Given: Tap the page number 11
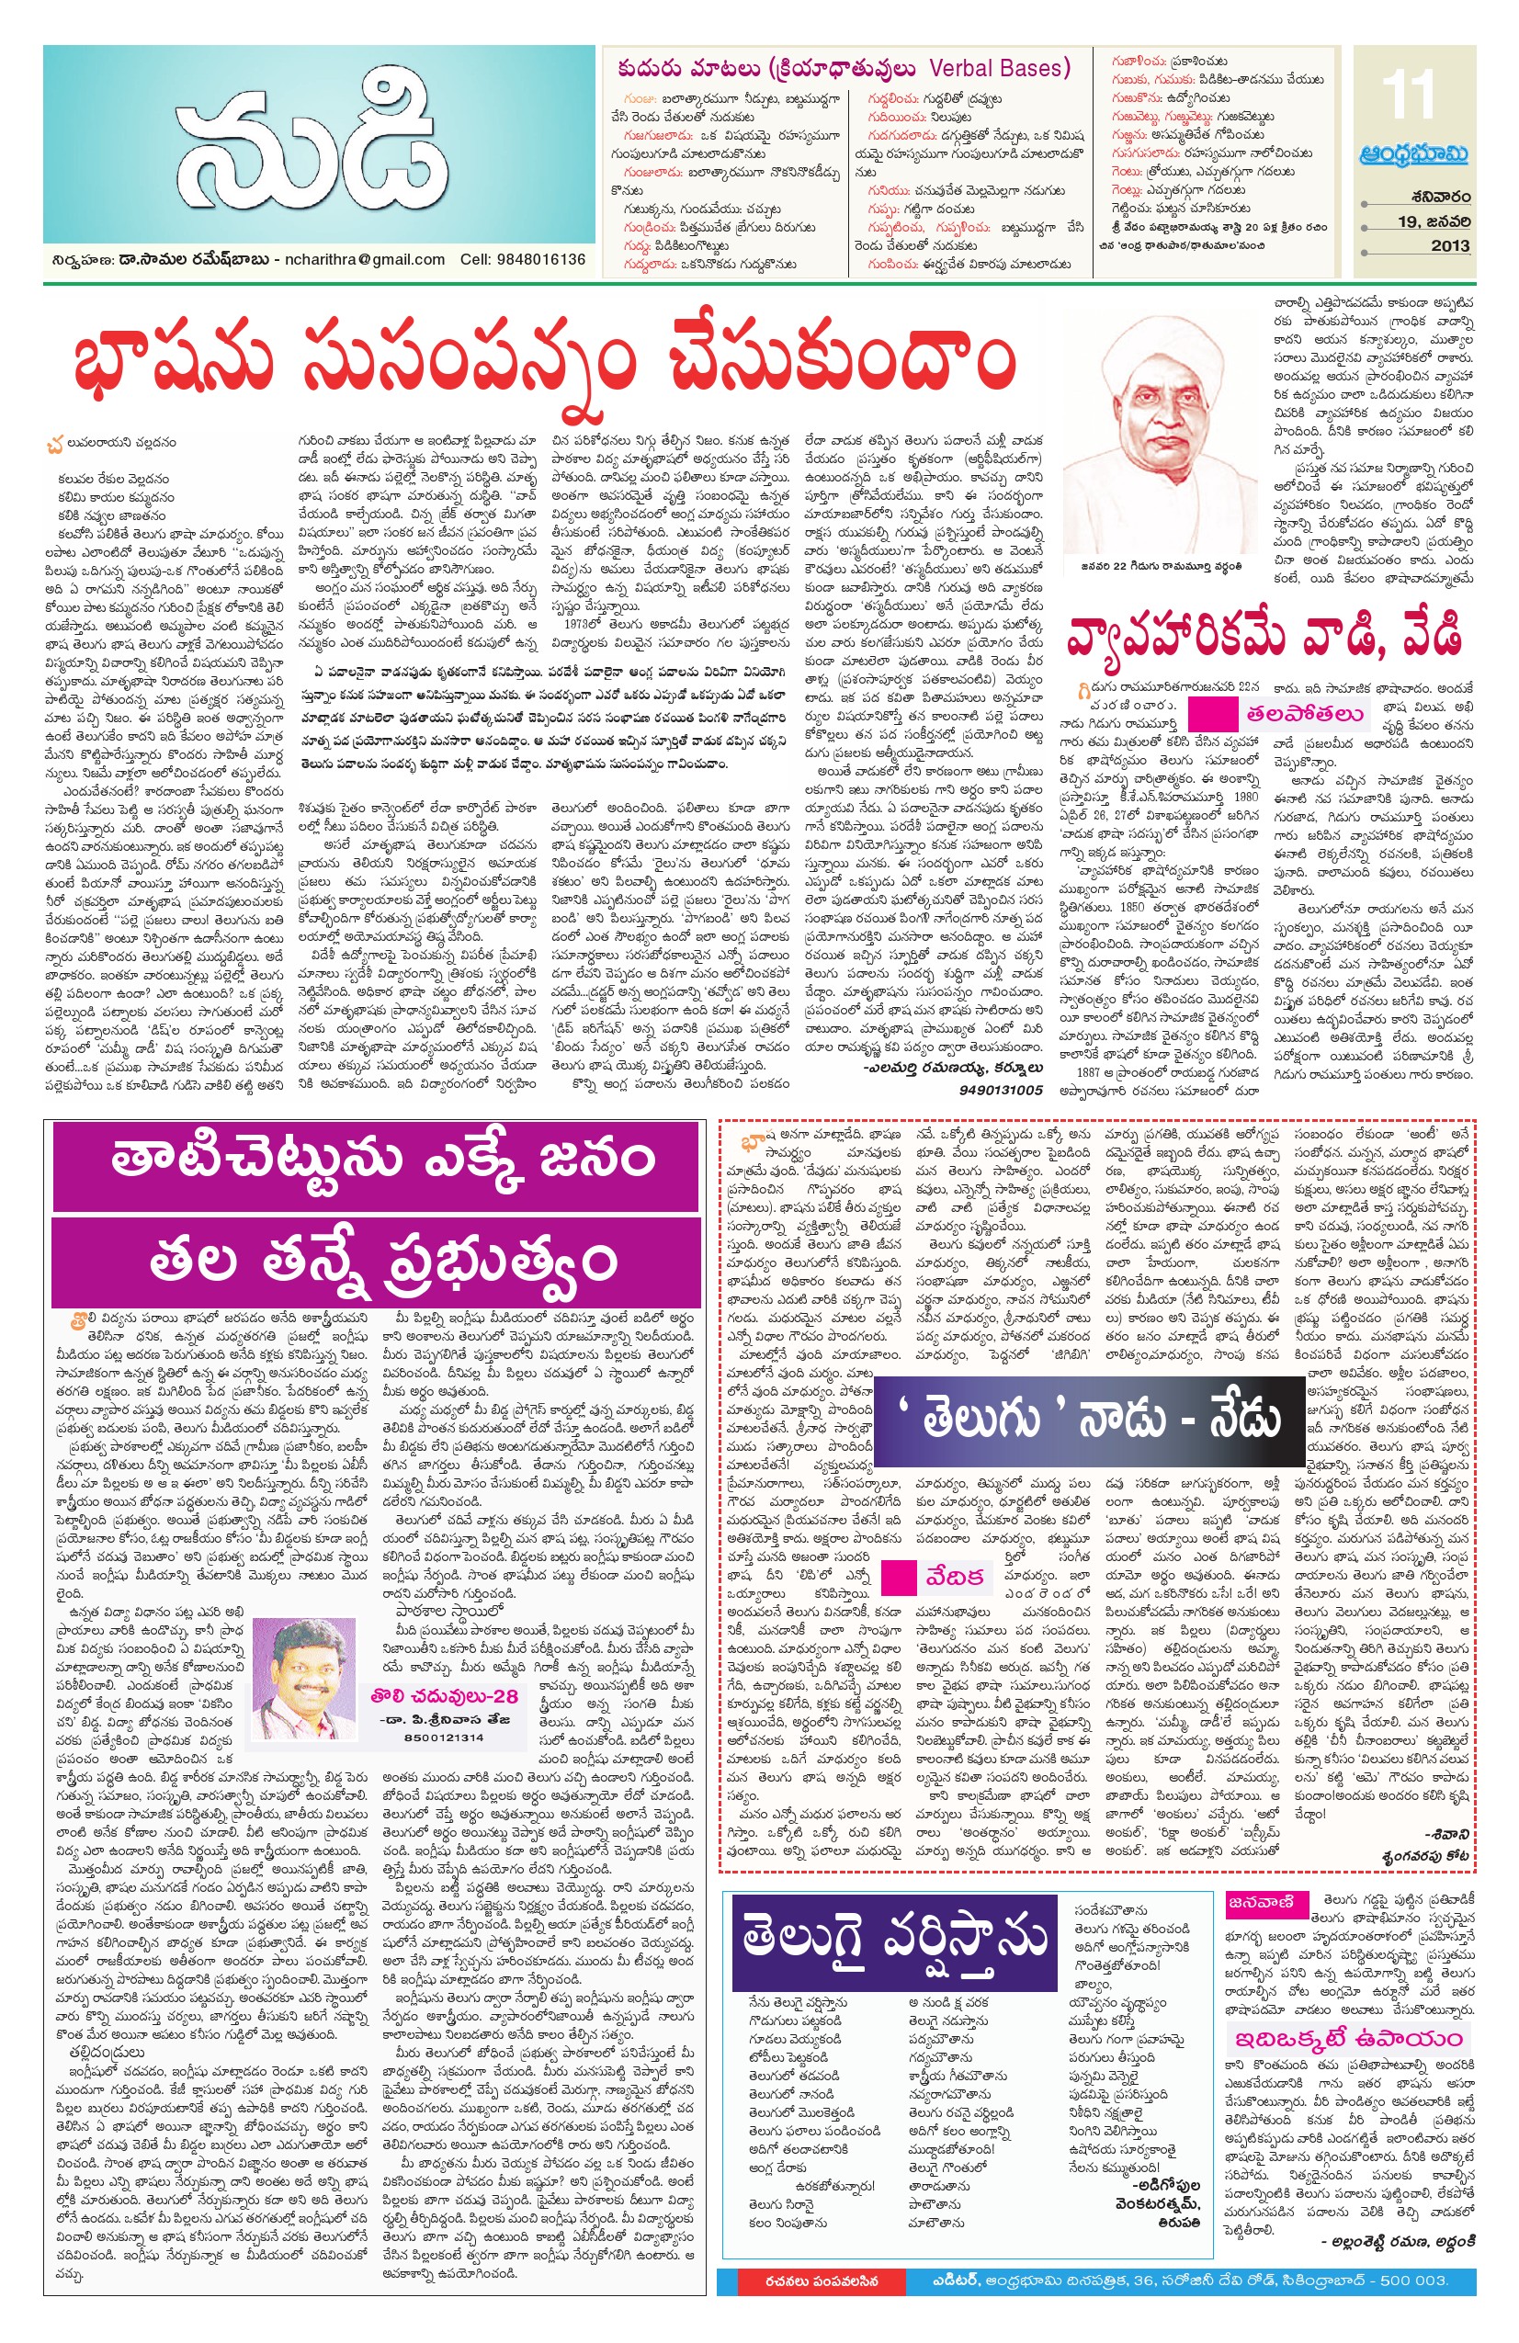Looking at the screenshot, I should pyautogui.click(x=1411, y=95).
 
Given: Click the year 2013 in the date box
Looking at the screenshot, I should pyautogui.click(x=1449, y=246).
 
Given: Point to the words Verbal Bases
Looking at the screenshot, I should pyautogui.click(x=998, y=68).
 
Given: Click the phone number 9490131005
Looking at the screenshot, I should pyautogui.click(x=1000, y=1090).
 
